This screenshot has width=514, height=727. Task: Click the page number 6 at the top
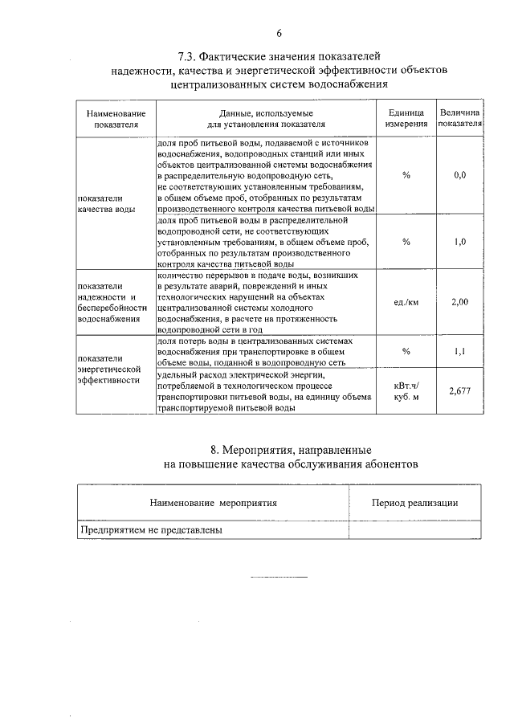278,33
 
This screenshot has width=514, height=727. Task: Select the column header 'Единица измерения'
406,119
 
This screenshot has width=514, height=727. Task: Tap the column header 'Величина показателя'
459,119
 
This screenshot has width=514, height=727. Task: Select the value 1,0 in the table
459,241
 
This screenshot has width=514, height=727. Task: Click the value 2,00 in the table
459,301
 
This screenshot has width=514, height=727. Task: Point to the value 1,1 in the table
459,351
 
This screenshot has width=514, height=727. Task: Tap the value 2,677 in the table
459,390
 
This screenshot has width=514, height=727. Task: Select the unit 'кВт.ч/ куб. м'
406,390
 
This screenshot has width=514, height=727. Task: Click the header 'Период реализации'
415,503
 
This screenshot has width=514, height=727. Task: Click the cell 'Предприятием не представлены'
150,530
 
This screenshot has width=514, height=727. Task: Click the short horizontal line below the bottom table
279,577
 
